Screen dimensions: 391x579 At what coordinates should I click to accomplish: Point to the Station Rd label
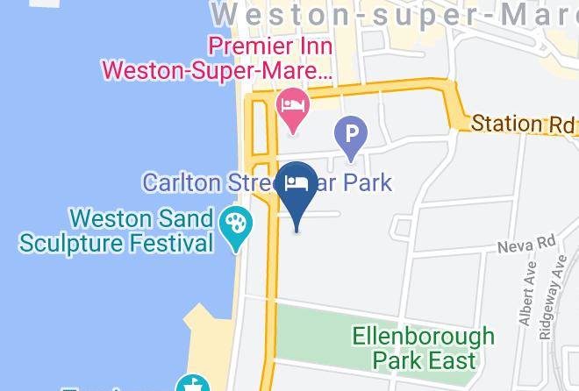click(523, 124)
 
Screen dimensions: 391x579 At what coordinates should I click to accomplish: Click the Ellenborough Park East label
click(423, 347)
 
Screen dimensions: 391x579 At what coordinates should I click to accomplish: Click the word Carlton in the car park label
click(179, 182)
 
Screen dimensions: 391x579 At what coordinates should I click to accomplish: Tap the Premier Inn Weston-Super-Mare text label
click(218, 57)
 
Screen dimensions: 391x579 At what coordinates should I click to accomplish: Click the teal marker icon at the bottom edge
click(191, 384)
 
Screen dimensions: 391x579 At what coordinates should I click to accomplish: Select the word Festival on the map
click(174, 242)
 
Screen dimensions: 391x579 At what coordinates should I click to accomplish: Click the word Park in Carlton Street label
click(368, 182)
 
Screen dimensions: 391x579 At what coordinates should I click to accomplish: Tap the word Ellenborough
click(423, 336)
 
